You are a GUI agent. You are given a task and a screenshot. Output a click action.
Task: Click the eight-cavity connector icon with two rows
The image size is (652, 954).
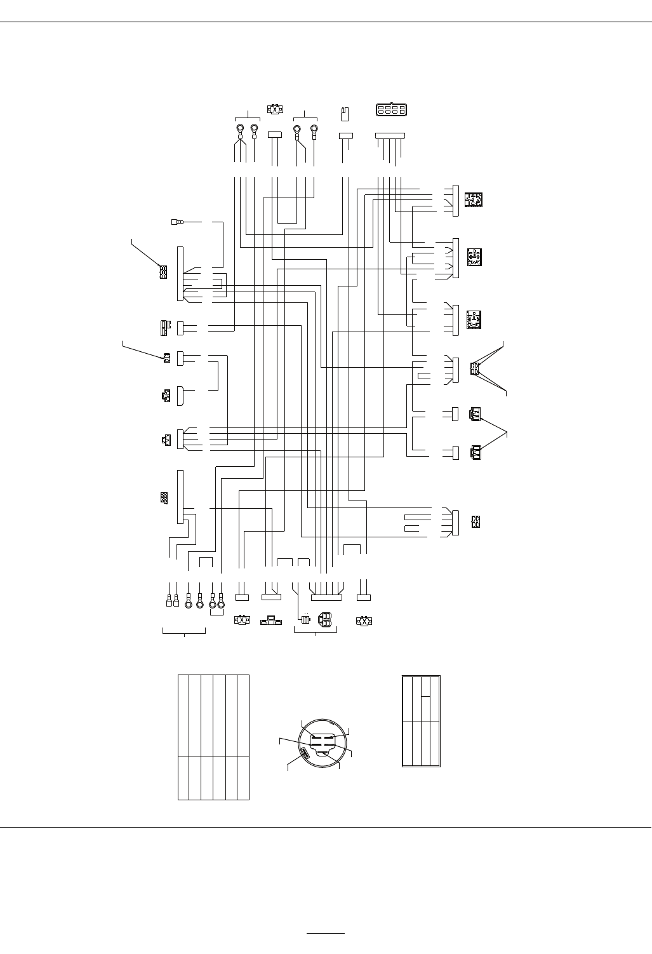click(x=391, y=110)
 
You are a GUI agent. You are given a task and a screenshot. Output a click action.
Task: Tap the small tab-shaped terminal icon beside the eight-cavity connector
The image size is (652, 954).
click(x=345, y=113)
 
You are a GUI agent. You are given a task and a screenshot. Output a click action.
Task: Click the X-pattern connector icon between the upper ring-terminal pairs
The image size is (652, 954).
click(x=276, y=109)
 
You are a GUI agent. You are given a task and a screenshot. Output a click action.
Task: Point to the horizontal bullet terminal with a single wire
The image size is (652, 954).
click(x=176, y=222)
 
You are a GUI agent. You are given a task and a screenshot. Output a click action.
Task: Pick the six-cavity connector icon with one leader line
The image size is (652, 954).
click(x=163, y=272)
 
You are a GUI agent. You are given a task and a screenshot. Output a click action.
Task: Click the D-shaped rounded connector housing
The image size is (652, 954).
click(x=180, y=396)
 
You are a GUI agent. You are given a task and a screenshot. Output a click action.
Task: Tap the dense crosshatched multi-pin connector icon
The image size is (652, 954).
click(x=164, y=498)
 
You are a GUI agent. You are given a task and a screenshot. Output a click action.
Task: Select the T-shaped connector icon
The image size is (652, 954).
click(x=271, y=621)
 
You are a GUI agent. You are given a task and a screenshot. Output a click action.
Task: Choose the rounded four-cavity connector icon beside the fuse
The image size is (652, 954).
click(x=324, y=620)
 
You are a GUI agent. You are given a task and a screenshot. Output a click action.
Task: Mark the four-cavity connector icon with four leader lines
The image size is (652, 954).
click(x=475, y=369)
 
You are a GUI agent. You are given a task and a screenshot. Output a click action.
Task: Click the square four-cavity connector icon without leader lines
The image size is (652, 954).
click(x=476, y=521)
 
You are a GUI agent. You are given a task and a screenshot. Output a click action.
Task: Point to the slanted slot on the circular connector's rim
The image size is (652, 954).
click(x=305, y=755)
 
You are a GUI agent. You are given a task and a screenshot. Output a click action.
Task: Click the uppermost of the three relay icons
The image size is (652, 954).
click(x=474, y=200)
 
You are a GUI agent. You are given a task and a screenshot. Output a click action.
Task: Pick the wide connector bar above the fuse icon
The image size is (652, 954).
click(x=326, y=598)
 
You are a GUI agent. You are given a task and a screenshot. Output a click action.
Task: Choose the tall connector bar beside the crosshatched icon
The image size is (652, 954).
click(x=180, y=497)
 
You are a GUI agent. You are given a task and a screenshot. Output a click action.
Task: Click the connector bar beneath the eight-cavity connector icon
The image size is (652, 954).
click(x=390, y=135)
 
